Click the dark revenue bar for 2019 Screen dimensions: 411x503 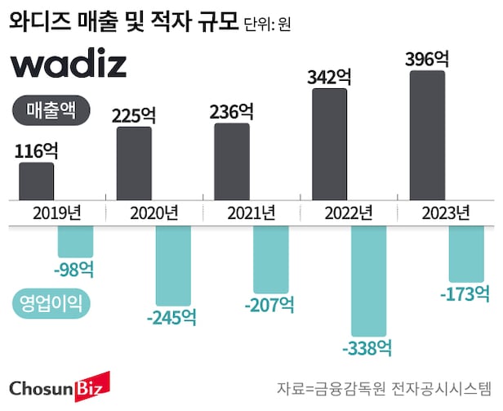point(36,181)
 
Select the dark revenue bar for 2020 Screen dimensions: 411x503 point(134,163)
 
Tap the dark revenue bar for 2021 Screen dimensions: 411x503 point(232,161)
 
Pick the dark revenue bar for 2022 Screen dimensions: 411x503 point(330,143)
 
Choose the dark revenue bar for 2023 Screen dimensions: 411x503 point(427,134)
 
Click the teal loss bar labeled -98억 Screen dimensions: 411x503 point(76,242)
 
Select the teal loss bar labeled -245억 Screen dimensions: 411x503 point(173,266)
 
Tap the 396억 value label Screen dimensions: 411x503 point(427,59)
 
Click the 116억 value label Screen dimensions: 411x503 point(37,150)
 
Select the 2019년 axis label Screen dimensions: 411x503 point(57,214)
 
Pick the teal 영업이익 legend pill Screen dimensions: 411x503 point(53,304)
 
